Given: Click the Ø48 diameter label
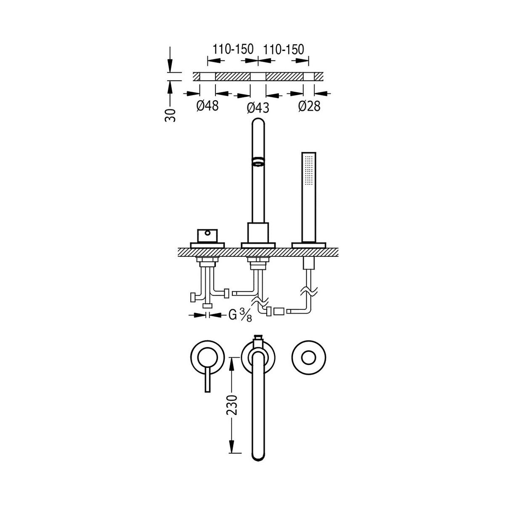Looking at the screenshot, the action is coord(207,106).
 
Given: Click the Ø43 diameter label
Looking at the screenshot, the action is coord(258,108).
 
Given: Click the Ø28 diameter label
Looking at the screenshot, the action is coord(309,106).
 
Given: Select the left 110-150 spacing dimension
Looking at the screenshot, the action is coord(233,49).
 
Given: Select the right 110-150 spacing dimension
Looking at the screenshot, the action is coord(284,49).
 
